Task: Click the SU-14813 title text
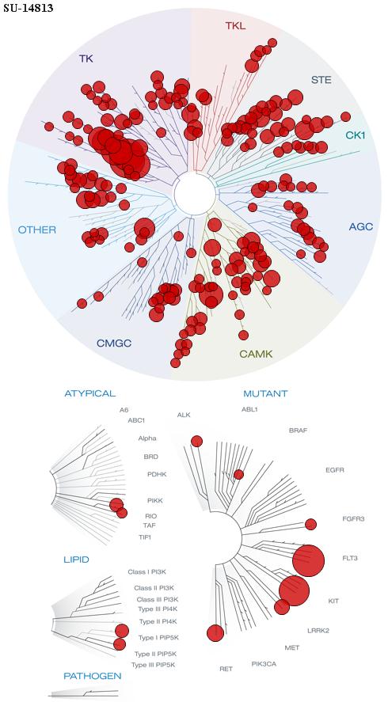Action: click(x=29, y=8)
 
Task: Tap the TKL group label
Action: click(x=235, y=26)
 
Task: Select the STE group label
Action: click(x=321, y=80)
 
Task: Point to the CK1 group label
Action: click(x=355, y=135)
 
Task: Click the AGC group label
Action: click(x=360, y=227)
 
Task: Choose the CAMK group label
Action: click(x=256, y=354)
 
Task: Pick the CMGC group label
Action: click(x=114, y=343)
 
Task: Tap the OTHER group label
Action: click(x=37, y=230)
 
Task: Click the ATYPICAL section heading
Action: click(x=90, y=393)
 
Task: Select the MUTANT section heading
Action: click(x=265, y=394)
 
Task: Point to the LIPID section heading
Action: click(x=76, y=560)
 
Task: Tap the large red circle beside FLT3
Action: click(x=308, y=560)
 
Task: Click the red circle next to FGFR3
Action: click(x=311, y=524)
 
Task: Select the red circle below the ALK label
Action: click(x=196, y=441)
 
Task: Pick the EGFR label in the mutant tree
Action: click(x=335, y=470)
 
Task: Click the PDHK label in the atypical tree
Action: click(x=157, y=474)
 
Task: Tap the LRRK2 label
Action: click(x=318, y=631)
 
